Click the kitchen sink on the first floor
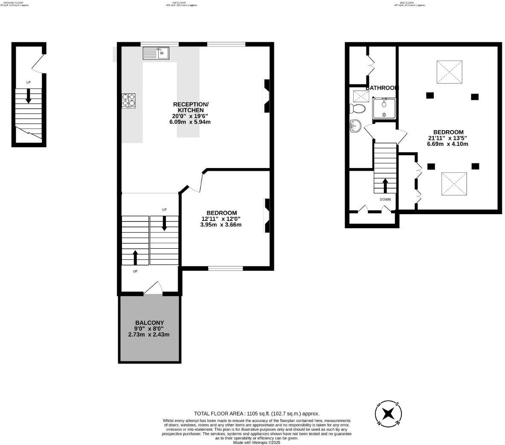click(x=156, y=53)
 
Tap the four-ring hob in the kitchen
click(x=129, y=101)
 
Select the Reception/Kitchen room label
click(x=190, y=108)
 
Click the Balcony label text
click(x=149, y=323)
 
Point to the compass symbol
click(x=388, y=413)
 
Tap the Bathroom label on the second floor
click(x=382, y=88)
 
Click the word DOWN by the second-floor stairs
click(x=385, y=199)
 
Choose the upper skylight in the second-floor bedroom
click(x=450, y=72)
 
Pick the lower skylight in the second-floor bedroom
click(x=454, y=183)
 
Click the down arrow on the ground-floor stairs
click(x=29, y=96)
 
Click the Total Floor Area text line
click(x=256, y=413)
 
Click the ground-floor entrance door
click(x=38, y=64)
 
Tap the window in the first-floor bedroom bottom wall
click(x=225, y=268)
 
